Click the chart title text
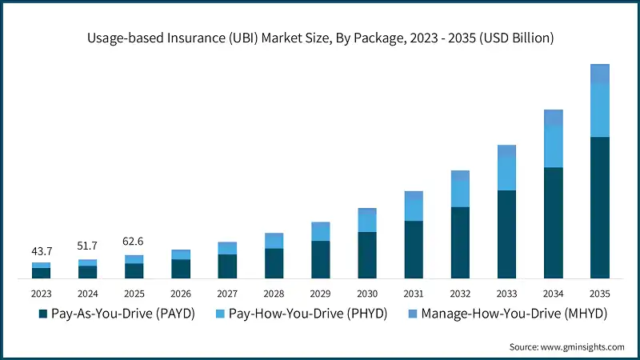(319, 38)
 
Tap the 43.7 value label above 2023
(42, 252)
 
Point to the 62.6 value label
(134, 242)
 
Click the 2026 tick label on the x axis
(181, 294)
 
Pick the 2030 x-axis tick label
(366, 294)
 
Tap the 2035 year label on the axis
(599, 294)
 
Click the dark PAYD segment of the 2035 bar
(599, 208)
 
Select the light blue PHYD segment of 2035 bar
(599, 110)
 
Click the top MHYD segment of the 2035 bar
(599, 74)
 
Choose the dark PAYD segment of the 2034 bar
(553, 223)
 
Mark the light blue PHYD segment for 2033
(506, 174)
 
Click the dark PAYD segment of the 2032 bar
(460, 243)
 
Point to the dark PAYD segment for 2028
(274, 264)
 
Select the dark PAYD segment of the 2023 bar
(42, 274)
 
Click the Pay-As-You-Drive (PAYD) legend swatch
(42, 314)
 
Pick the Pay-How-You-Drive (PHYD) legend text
(307, 314)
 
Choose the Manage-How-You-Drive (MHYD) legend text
(514, 314)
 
